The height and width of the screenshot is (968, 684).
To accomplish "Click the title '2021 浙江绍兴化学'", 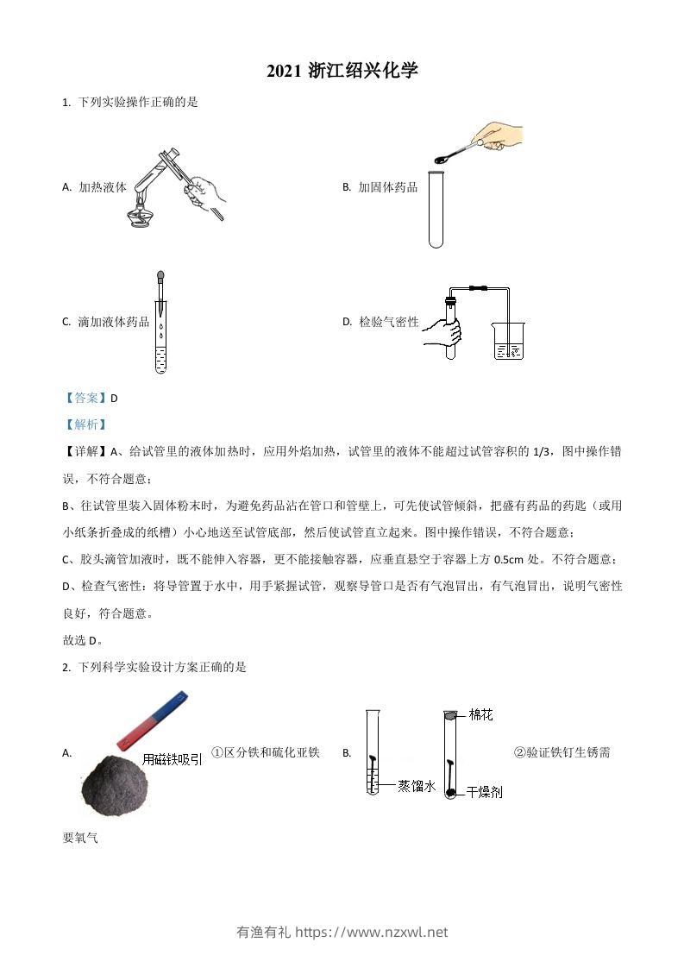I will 342,72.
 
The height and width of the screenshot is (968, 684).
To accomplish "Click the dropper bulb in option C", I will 160,278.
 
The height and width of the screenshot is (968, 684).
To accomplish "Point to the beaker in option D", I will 508,341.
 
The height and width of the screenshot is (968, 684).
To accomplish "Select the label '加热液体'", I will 103,186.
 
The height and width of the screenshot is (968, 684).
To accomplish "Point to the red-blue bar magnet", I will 151,719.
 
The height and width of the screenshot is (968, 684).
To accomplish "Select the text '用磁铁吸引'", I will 173,759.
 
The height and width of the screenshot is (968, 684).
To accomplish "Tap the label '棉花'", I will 480,714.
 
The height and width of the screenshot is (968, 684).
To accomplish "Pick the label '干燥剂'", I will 484,791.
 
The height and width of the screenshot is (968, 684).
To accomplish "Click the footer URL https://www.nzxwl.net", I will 372,932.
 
